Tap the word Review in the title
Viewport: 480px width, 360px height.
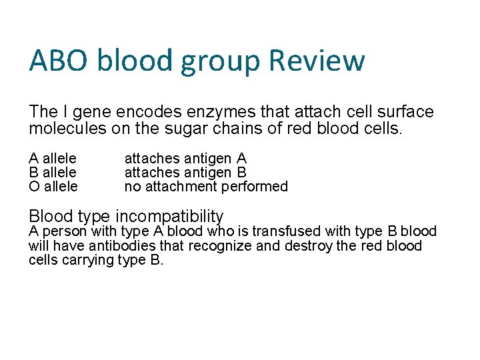317,61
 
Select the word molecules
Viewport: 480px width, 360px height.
67,128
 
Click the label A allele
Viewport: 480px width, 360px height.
53,159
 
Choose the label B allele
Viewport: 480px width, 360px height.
53,173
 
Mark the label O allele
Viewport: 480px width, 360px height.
53,187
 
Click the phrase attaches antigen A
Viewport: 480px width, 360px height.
185,159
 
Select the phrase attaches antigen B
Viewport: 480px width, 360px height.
185,173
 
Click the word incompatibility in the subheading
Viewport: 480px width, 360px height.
169,216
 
